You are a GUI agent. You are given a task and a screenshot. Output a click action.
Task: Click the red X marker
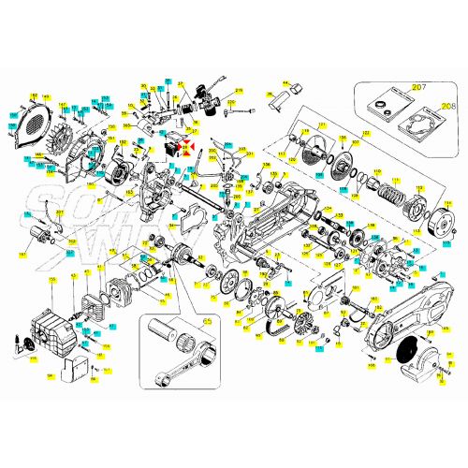(188, 146)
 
